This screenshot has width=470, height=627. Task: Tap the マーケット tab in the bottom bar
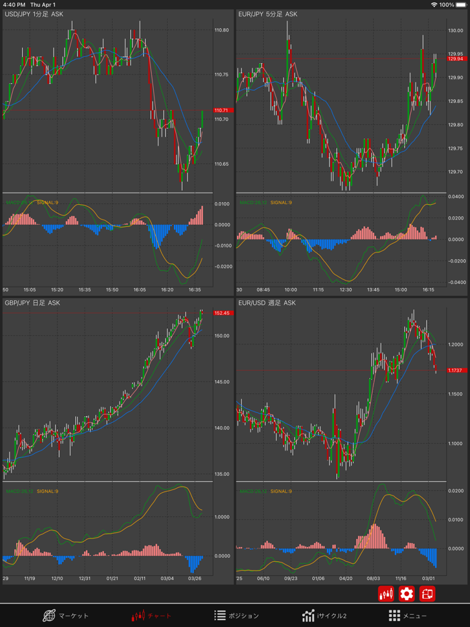tap(66, 615)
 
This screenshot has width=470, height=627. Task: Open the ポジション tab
tap(236, 615)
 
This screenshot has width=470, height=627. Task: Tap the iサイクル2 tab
tap(324, 615)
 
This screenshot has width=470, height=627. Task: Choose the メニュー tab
tap(408, 615)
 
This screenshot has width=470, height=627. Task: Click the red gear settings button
tap(406, 593)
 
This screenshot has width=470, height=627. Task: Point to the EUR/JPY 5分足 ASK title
tap(267, 13)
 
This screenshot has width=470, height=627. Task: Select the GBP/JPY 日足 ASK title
tap(32, 303)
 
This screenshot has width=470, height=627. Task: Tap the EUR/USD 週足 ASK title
tap(267, 303)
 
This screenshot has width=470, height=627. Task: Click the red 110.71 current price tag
tap(222, 110)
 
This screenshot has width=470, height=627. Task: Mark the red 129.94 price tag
tap(456, 58)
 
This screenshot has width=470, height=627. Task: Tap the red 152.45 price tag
tap(222, 313)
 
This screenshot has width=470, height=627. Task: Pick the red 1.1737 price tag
tap(456, 370)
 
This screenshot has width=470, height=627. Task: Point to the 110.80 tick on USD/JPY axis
tap(222, 30)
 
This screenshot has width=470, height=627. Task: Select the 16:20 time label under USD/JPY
tap(167, 290)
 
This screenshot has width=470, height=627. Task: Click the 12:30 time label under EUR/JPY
tap(346, 290)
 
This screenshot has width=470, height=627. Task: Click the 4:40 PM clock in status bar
tap(14, 5)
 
